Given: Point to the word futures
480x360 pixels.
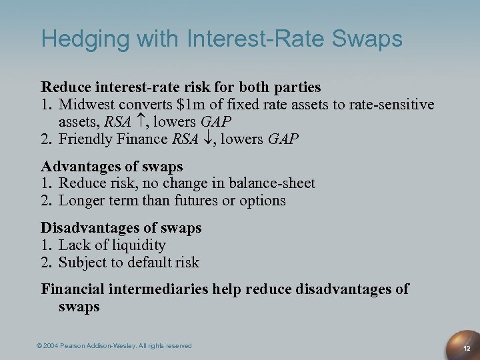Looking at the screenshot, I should pyautogui.click(x=197, y=201).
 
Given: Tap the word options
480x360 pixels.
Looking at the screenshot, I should pyautogui.click(x=263, y=201).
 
